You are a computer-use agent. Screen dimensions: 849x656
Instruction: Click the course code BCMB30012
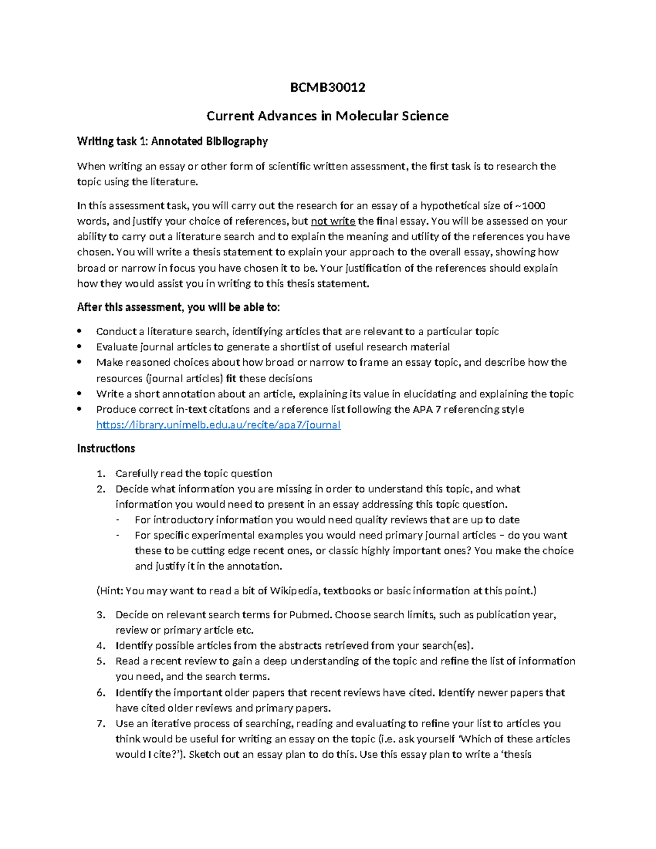[x=327, y=87]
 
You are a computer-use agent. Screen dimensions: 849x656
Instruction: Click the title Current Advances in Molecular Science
[x=327, y=116]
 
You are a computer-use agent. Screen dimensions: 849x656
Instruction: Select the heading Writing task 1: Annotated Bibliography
[x=172, y=142]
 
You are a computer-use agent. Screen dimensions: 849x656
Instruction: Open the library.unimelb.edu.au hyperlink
[x=218, y=425]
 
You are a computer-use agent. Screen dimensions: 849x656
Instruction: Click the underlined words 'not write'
[x=333, y=221]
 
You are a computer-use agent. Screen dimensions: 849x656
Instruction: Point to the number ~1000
[x=531, y=206]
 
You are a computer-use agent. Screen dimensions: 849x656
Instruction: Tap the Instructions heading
[x=106, y=449]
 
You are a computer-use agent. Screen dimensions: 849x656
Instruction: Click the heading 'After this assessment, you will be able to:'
[x=178, y=307]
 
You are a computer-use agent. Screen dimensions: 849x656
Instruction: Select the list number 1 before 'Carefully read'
[x=100, y=473]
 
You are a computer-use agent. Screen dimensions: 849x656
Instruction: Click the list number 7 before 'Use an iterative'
[x=100, y=724]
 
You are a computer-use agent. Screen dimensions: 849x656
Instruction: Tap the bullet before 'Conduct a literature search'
[x=80, y=331]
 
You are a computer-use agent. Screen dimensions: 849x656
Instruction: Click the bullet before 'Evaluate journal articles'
[x=80, y=347]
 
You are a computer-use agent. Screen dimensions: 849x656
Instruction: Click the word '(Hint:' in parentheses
[x=109, y=591]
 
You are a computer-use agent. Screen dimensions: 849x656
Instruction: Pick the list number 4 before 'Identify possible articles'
[x=100, y=646]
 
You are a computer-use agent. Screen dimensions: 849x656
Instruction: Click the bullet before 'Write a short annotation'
[x=80, y=394]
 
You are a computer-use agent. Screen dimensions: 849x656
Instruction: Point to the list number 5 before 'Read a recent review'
[x=100, y=661]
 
